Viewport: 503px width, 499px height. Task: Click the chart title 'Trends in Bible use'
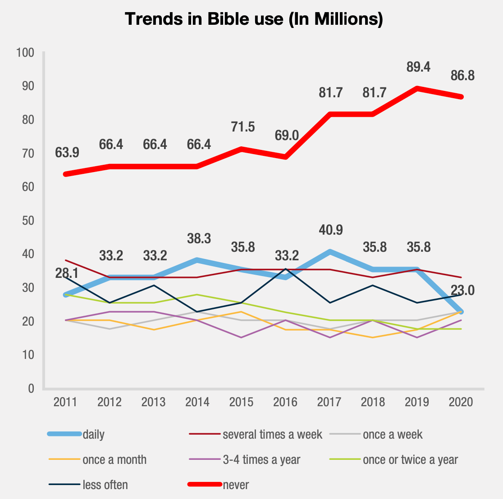click(x=254, y=19)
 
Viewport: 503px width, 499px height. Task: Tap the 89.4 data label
click(x=418, y=67)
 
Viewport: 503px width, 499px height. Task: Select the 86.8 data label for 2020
click(x=462, y=76)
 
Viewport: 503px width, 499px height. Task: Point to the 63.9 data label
click(x=67, y=153)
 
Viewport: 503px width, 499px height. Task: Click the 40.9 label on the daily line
click(x=330, y=230)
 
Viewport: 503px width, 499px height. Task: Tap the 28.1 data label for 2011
click(x=65, y=273)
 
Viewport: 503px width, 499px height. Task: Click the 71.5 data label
click(x=242, y=127)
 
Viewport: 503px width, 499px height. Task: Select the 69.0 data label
click(x=286, y=135)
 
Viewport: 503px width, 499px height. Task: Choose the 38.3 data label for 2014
click(x=199, y=239)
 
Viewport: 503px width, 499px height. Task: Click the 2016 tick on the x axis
click(x=285, y=402)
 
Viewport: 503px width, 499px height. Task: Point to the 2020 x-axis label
click(x=461, y=402)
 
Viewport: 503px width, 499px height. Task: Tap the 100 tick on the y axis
click(x=25, y=53)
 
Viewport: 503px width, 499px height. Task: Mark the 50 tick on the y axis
click(x=28, y=221)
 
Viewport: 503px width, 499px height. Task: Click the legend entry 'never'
click(x=235, y=485)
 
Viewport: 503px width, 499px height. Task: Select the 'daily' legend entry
click(x=93, y=435)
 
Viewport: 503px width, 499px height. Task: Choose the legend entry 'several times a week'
click(x=272, y=435)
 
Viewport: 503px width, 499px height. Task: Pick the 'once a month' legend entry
click(x=114, y=460)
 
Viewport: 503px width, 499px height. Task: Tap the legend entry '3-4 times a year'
click(x=261, y=460)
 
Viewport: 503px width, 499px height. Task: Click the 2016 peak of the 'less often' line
click(x=285, y=269)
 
